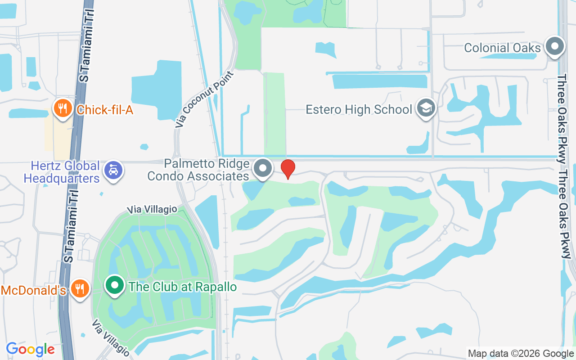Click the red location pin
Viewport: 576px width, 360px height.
288,169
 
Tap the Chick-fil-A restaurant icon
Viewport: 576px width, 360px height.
63,109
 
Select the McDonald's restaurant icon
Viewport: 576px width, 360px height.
80,289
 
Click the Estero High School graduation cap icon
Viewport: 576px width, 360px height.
425,109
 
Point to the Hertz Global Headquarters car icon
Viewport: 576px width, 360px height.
113,171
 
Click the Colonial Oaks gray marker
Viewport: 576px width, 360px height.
554,47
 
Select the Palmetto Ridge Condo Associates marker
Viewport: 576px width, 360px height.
263,169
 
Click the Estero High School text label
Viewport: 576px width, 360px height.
359,109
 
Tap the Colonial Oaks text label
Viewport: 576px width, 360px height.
502,48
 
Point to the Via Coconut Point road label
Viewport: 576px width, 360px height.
205,99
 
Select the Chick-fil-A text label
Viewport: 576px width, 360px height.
105,109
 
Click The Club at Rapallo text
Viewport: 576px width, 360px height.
183,287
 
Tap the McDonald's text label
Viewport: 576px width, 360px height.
34,290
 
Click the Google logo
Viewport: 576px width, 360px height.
30,349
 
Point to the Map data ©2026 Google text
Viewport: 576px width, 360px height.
521,354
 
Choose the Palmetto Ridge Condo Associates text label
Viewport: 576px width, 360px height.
198,170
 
